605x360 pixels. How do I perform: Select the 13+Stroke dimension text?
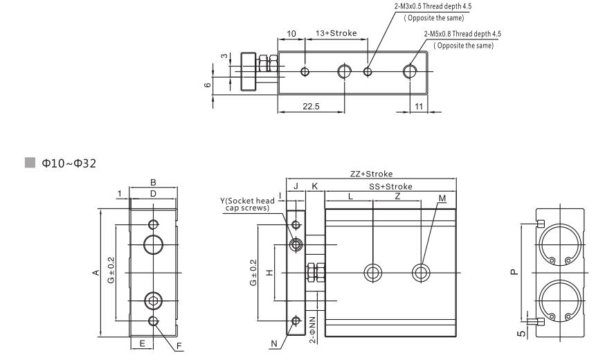pyautogui.click(x=336, y=33)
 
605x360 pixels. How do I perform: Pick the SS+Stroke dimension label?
pyautogui.click(x=390, y=186)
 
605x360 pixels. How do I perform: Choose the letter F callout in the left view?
pyautogui.click(x=180, y=345)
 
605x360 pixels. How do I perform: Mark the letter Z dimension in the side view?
pyautogui.click(x=397, y=197)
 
